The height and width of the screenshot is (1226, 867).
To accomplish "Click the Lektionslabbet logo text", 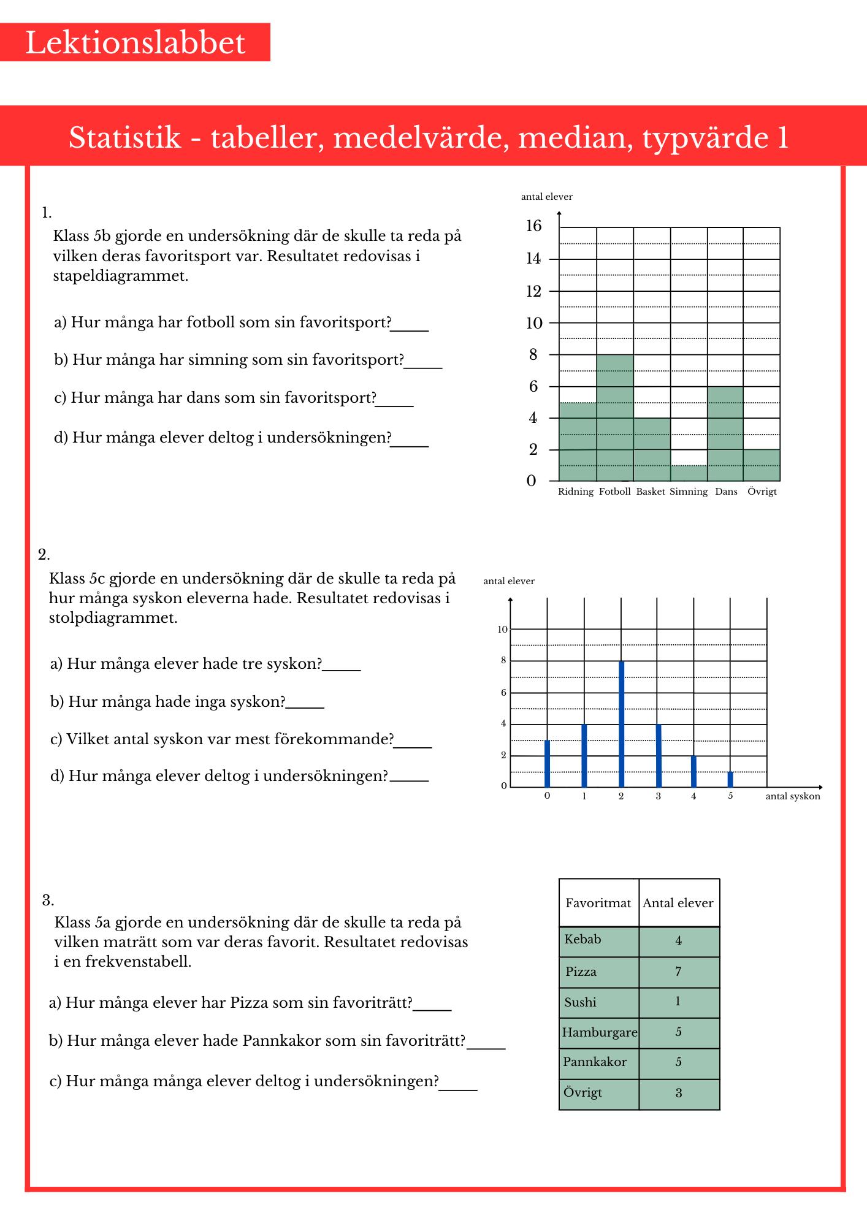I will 136,43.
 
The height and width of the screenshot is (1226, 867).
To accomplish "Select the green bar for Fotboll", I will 615,417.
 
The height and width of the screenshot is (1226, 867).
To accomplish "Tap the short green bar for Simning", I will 689,473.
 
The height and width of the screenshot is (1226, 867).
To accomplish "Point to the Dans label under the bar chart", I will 726,492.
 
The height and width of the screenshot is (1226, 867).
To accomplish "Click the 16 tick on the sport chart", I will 534,226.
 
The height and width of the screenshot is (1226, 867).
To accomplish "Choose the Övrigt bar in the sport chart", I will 762,465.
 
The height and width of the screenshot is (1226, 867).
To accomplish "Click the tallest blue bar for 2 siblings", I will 622,723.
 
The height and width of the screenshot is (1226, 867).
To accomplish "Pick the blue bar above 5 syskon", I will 730,779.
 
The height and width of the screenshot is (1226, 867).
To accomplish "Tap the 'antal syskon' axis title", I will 793,796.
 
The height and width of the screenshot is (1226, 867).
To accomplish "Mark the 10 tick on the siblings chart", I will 503,630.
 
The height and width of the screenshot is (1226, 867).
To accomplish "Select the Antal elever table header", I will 678,903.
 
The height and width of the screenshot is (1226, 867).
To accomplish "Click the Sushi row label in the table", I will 580,1002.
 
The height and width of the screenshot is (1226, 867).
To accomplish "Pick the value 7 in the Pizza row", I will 678,972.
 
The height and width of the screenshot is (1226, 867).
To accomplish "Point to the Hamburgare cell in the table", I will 599,1032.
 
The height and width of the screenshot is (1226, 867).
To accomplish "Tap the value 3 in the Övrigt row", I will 679,1093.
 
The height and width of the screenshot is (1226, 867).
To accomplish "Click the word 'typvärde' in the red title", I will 705,137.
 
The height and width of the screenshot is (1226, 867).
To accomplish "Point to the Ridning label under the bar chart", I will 576,492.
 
